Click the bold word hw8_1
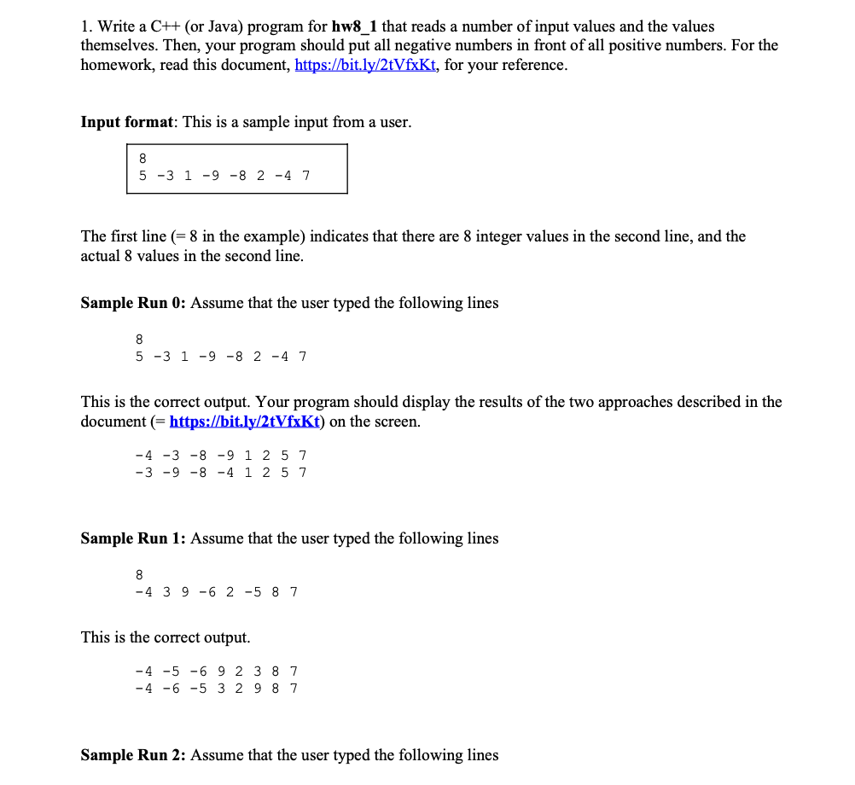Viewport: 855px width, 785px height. (353, 26)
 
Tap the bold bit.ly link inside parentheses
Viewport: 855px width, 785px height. (244, 422)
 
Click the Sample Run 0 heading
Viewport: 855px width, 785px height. (132, 303)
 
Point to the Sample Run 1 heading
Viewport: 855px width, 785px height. (132, 538)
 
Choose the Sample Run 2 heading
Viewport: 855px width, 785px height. (132, 755)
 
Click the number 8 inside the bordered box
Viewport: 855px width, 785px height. (142, 158)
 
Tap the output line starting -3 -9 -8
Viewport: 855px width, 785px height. (221, 472)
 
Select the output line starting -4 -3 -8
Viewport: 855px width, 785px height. (221, 456)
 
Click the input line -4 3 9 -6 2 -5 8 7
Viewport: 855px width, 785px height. (217, 591)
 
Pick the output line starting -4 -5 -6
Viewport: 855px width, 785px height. (217, 672)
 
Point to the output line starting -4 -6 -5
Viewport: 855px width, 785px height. (217, 688)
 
